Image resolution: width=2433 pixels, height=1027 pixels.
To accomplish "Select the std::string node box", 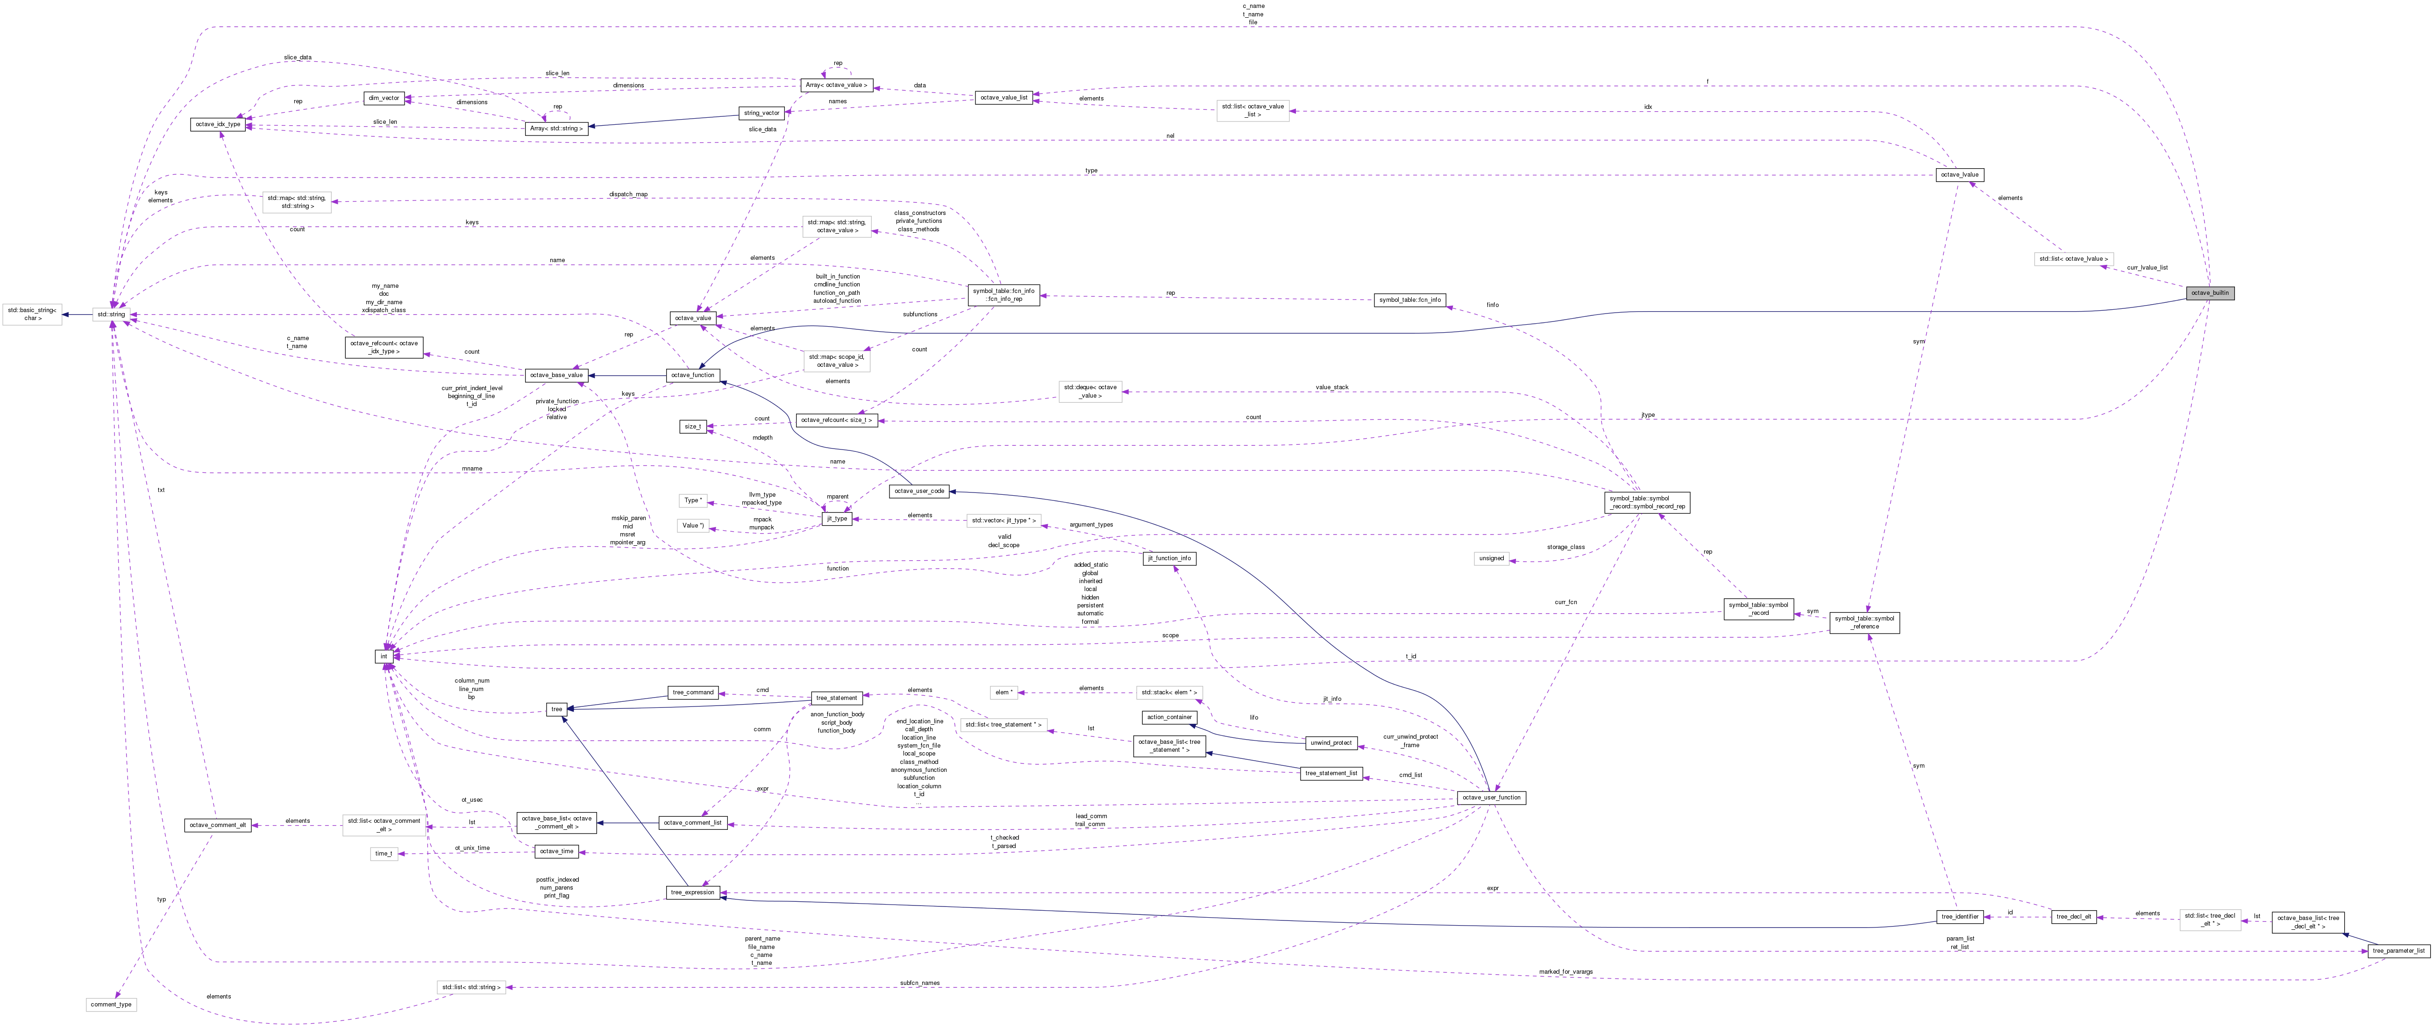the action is tap(111, 314).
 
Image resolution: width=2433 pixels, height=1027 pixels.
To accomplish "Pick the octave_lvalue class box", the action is tap(1959, 175).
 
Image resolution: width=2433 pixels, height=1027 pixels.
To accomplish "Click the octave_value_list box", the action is tap(1003, 97).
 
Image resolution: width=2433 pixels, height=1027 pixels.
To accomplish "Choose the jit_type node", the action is tap(836, 519).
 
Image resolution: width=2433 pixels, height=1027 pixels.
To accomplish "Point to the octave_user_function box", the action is tap(1490, 798).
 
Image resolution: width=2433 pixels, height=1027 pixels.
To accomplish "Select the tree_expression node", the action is tap(692, 892).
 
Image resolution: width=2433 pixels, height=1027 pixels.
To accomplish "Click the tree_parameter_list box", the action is tap(2398, 950).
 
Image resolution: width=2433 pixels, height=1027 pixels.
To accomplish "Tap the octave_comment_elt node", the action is tap(217, 825).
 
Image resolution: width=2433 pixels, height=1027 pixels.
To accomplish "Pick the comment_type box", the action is tap(112, 1004).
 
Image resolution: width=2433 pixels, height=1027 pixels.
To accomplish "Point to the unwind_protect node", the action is tap(1331, 742).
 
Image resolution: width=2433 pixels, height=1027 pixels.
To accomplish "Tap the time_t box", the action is tap(384, 853).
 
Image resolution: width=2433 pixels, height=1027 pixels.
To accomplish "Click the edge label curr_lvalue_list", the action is tap(2147, 267).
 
